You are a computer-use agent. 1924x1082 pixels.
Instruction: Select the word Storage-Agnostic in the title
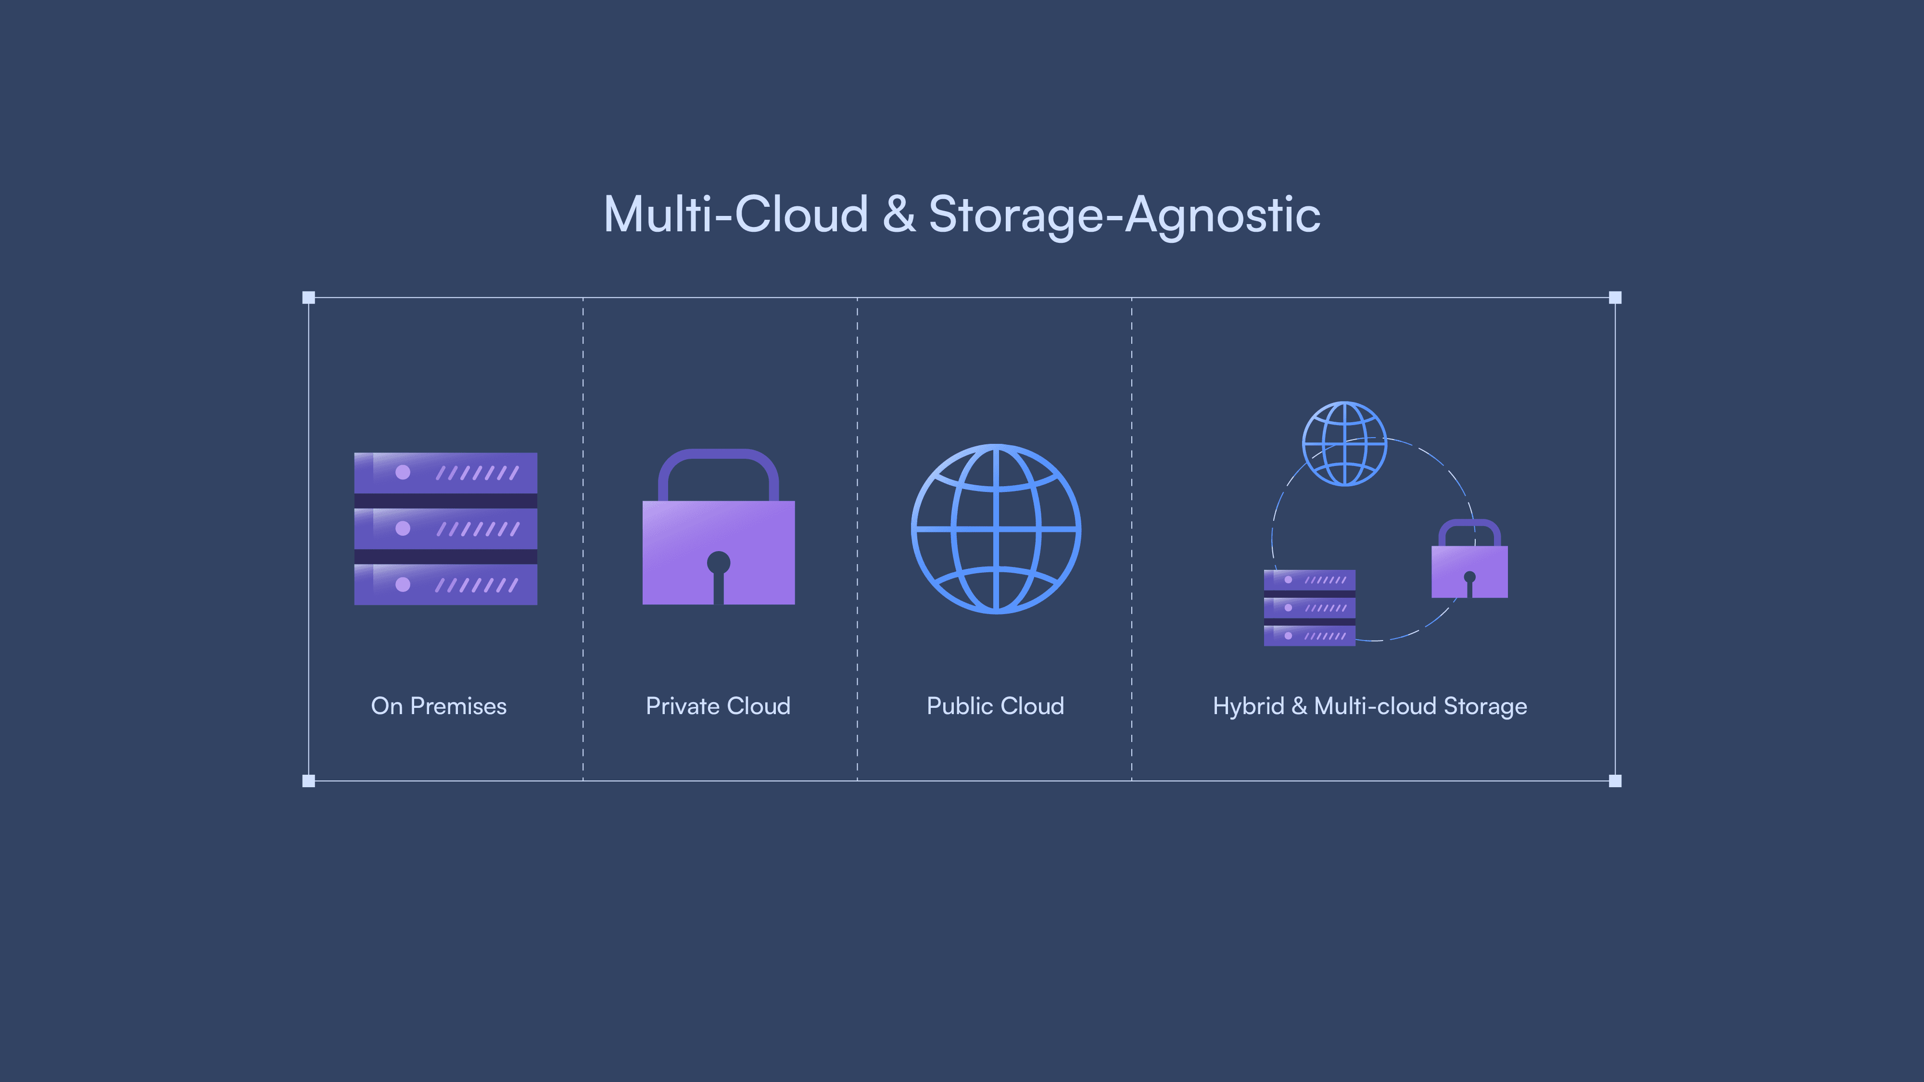(1124, 215)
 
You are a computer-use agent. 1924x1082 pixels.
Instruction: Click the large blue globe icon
(996, 528)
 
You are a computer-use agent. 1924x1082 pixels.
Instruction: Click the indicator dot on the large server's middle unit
(403, 528)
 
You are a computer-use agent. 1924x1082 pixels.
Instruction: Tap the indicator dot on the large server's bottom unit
(403, 584)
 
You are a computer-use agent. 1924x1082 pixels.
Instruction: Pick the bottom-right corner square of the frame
(1615, 781)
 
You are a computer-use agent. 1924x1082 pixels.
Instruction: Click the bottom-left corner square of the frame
(308, 781)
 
